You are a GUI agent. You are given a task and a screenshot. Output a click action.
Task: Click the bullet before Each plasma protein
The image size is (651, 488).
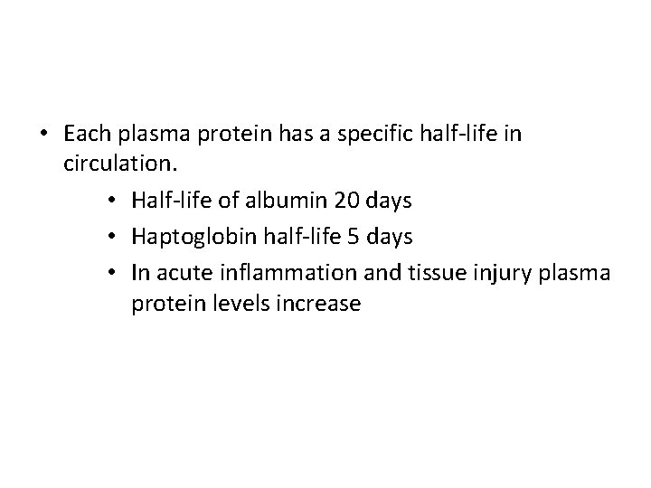point(44,134)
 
